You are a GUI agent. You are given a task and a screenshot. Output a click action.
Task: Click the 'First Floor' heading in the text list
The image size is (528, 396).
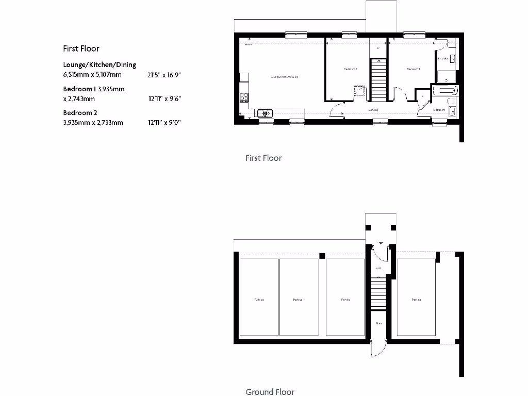[81, 48]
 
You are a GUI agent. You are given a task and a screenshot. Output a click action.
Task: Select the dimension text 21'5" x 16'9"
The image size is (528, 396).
[164, 75]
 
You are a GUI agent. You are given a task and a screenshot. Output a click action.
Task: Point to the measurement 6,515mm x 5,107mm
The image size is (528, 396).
[92, 75]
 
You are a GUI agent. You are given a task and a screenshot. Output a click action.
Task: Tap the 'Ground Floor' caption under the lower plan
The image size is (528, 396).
[270, 392]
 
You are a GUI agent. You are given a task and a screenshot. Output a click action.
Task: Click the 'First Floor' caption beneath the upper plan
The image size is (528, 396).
[263, 158]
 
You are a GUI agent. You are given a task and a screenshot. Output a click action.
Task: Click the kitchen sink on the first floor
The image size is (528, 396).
[266, 112]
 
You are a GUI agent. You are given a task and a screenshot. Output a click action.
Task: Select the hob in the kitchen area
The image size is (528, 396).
[244, 96]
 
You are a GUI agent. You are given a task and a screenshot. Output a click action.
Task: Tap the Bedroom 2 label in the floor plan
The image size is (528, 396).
[351, 69]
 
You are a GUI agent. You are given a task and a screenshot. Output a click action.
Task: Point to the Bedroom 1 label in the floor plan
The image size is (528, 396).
[414, 69]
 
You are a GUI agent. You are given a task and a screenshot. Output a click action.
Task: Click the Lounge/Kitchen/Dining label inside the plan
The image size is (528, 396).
[285, 77]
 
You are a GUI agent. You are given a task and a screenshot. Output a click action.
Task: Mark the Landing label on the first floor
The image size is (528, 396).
[373, 110]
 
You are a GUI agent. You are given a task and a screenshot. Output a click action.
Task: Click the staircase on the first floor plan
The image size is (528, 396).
[379, 80]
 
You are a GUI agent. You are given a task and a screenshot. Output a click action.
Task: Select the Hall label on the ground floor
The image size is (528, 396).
[378, 268]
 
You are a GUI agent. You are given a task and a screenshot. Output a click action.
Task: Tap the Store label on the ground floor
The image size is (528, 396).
[378, 324]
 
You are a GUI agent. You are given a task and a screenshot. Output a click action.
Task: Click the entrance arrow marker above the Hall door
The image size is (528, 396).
[381, 242]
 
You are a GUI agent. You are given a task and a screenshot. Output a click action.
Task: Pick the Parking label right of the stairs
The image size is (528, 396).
[416, 300]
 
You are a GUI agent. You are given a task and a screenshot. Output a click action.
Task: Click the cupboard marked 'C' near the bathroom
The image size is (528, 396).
[423, 96]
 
